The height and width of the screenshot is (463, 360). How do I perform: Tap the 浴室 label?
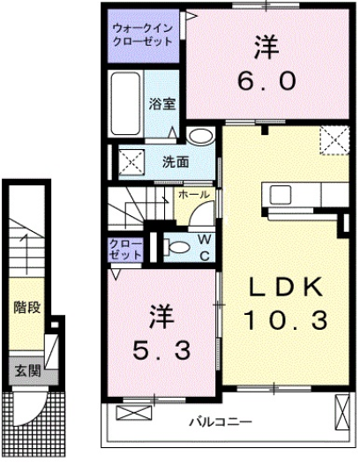162,103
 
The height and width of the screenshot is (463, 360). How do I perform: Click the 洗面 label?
176,161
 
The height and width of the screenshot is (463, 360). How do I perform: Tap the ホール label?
193,193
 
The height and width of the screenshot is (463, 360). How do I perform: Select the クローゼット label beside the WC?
126,248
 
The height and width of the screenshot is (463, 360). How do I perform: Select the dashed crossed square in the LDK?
334,139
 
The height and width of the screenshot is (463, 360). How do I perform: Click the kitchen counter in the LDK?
304,194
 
